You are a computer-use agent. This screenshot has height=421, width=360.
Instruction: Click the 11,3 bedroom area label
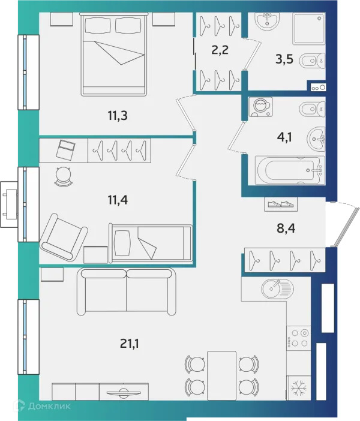(x=118, y=116)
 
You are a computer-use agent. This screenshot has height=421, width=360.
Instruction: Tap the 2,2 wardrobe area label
(x=220, y=50)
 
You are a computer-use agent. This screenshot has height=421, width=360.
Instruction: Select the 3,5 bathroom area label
(x=284, y=59)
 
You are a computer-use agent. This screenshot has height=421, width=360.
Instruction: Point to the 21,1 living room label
(x=130, y=344)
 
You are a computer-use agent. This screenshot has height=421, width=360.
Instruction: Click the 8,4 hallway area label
(x=286, y=228)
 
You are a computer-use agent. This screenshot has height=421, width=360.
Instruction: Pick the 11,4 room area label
(x=118, y=200)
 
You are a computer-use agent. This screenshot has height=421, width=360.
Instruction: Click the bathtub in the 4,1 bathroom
(x=290, y=170)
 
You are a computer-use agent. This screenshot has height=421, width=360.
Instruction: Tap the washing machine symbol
(x=260, y=107)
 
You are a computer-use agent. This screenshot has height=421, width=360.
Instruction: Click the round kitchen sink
(x=278, y=289)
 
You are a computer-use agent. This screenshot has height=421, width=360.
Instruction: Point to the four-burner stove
(x=299, y=338)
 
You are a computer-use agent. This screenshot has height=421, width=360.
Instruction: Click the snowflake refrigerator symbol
(x=299, y=387)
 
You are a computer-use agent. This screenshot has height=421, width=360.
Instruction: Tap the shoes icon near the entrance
(x=281, y=205)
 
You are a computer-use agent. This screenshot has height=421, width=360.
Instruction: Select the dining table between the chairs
(x=221, y=375)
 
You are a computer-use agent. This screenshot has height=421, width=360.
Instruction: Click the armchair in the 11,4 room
(x=64, y=237)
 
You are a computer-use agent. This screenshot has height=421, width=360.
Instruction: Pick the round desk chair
(x=64, y=176)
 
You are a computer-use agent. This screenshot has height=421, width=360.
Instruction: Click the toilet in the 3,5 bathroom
(x=311, y=61)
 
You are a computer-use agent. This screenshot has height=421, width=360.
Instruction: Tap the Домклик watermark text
(x=49, y=406)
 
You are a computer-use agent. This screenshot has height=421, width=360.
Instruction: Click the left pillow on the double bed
(x=98, y=25)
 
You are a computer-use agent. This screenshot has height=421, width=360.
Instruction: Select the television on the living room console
(x=124, y=393)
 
